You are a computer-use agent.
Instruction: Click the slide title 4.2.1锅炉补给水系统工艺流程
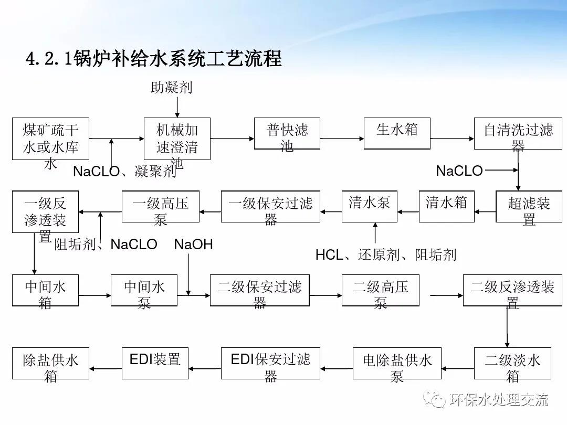[x=154, y=58]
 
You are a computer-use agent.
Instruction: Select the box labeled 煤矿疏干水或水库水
[x=50, y=139]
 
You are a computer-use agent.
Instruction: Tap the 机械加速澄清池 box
[x=177, y=139]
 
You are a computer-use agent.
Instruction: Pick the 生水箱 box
[x=397, y=133]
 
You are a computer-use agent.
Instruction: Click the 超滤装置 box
[x=529, y=206]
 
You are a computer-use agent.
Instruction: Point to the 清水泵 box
[x=370, y=206]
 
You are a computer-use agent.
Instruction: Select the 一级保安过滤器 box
[x=270, y=206]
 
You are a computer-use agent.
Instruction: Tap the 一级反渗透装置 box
[x=45, y=211]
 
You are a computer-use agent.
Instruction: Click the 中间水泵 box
[x=144, y=290]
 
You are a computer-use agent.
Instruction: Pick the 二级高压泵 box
[x=380, y=290]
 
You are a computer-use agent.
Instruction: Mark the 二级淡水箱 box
[x=512, y=363]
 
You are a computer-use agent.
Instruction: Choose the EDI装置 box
[x=155, y=363]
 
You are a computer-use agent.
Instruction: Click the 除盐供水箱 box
[x=50, y=363]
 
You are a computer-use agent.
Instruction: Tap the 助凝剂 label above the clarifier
[x=172, y=87]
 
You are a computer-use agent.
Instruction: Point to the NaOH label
[x=193, y=244]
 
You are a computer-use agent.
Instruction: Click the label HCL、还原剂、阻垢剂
[x=386, y=255]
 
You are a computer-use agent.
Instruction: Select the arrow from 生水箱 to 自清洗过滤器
[x=452, y=139]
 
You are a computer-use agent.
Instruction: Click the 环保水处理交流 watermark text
[x=499, y=400]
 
